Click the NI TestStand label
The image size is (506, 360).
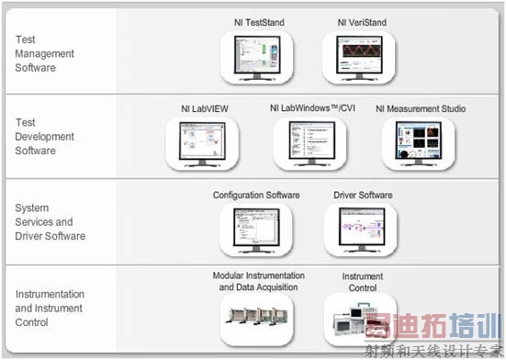tap(261, 20)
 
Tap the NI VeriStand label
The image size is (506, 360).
tap(359, 20)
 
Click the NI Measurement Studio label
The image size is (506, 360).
tap(421, 108)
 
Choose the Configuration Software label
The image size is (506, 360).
tap(256, 195)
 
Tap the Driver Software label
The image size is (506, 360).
tap(362, 195)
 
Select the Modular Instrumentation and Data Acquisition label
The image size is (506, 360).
tap(256, 281)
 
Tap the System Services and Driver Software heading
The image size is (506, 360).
tap(51, 222)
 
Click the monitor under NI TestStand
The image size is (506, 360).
tap(260, 56)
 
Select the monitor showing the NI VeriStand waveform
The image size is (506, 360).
tap(360, 56)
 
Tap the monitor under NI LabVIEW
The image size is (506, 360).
tap(202, 142)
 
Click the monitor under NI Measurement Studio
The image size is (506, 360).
tap(419, 142)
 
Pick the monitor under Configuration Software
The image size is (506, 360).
tap(256, 228)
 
